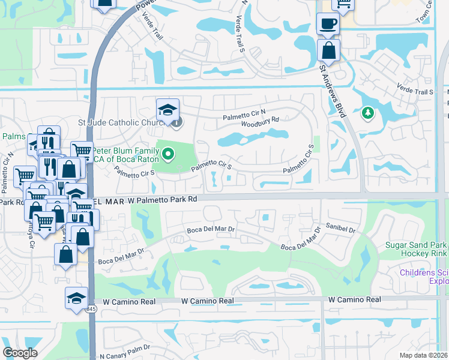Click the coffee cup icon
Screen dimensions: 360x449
click(328, 24)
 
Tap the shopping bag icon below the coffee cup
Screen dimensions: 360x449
click(329, 49)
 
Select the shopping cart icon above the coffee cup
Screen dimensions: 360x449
click(343, 5)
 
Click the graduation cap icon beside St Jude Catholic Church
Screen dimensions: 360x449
click(168, 109)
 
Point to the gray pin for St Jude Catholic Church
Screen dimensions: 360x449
click(177, 124)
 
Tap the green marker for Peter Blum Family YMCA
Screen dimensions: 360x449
click(168, 155)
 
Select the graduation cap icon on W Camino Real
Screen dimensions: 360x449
click(77, 298)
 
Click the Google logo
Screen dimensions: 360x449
click(20, 353)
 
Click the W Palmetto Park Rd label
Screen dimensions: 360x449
click(162, 200)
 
